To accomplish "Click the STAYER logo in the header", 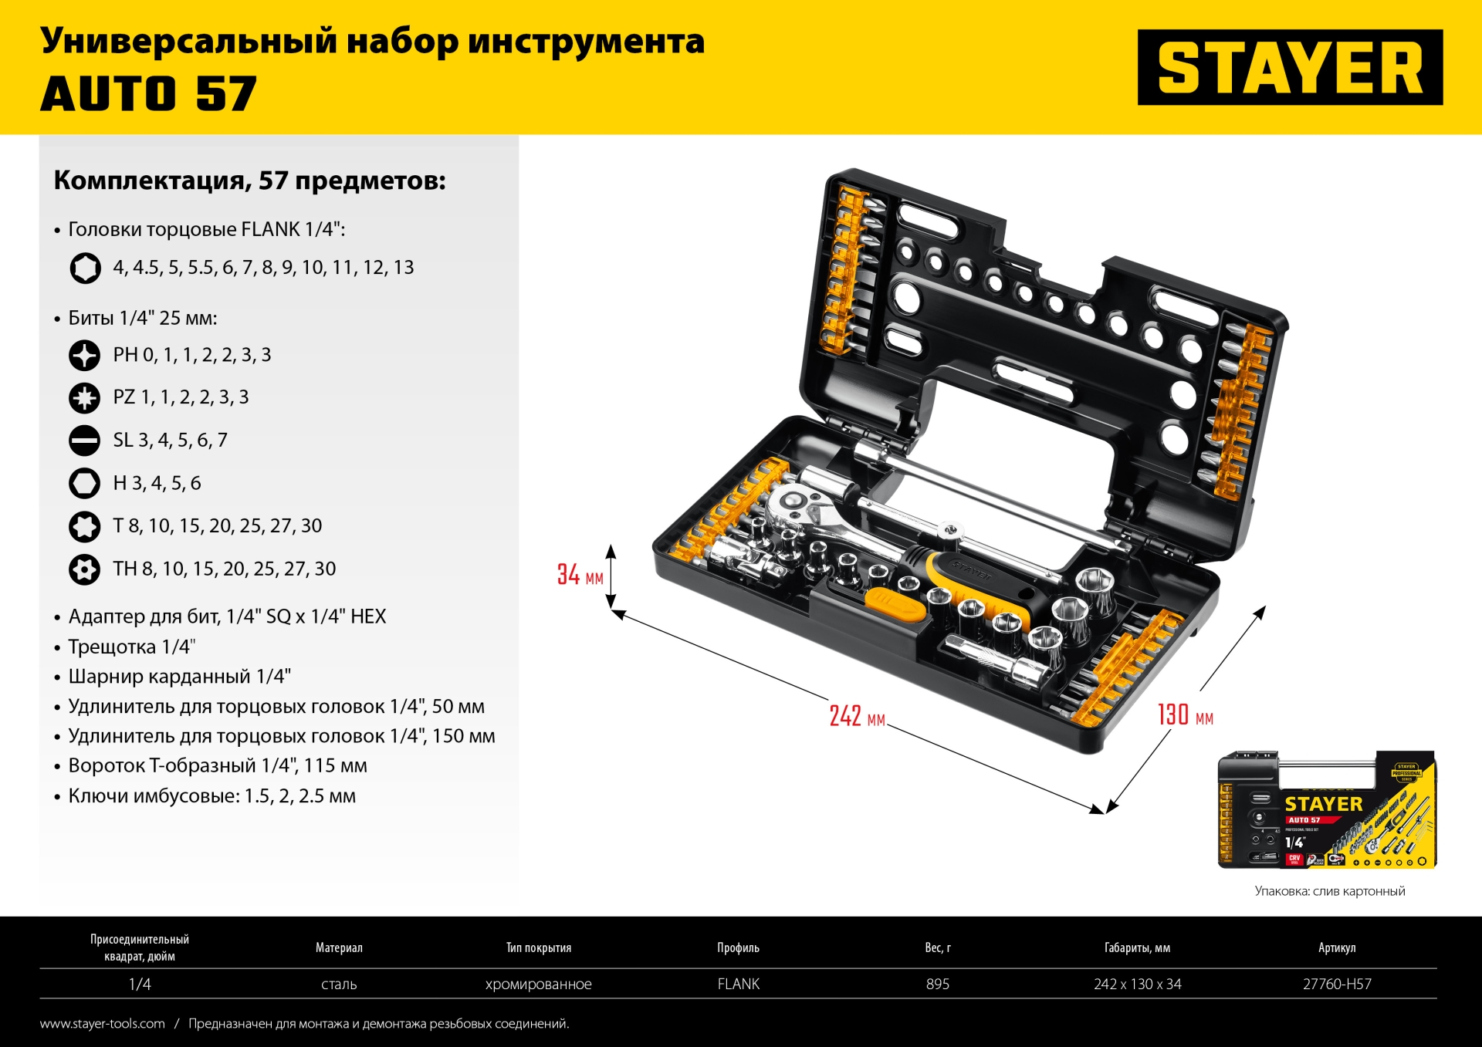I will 1290,67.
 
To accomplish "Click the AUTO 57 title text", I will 148,94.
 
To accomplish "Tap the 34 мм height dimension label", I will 580,575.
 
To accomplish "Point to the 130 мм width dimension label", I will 1185,715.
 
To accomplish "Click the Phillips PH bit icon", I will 85,356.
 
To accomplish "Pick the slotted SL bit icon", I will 85,441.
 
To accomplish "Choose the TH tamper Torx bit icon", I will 85,569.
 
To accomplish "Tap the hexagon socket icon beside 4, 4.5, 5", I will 85,269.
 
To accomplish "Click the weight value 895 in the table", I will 938,984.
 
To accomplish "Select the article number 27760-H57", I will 1337,984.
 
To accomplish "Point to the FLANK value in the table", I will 738,984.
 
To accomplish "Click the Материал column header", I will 339,947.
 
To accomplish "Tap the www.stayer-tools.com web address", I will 103,1024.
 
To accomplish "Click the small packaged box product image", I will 1327,809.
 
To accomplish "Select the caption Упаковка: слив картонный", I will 1329,891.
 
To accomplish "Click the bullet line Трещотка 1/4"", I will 131,647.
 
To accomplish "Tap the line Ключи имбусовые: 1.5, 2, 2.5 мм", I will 211,796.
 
